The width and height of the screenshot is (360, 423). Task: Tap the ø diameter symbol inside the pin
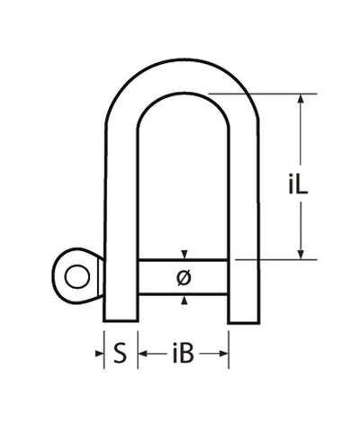[x=184, y=279]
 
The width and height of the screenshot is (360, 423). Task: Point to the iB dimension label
[x=183, y=355]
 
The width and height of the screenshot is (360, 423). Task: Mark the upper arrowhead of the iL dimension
[x=301, y=99]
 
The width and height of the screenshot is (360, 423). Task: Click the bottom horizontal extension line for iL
[x=279, y=259]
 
